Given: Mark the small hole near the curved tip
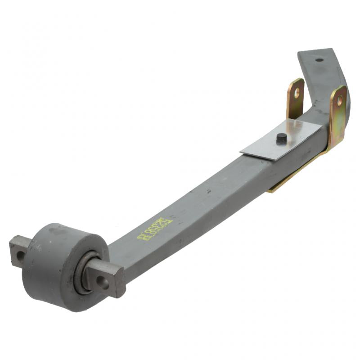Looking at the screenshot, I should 319,60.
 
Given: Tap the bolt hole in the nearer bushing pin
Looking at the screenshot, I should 103,283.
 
